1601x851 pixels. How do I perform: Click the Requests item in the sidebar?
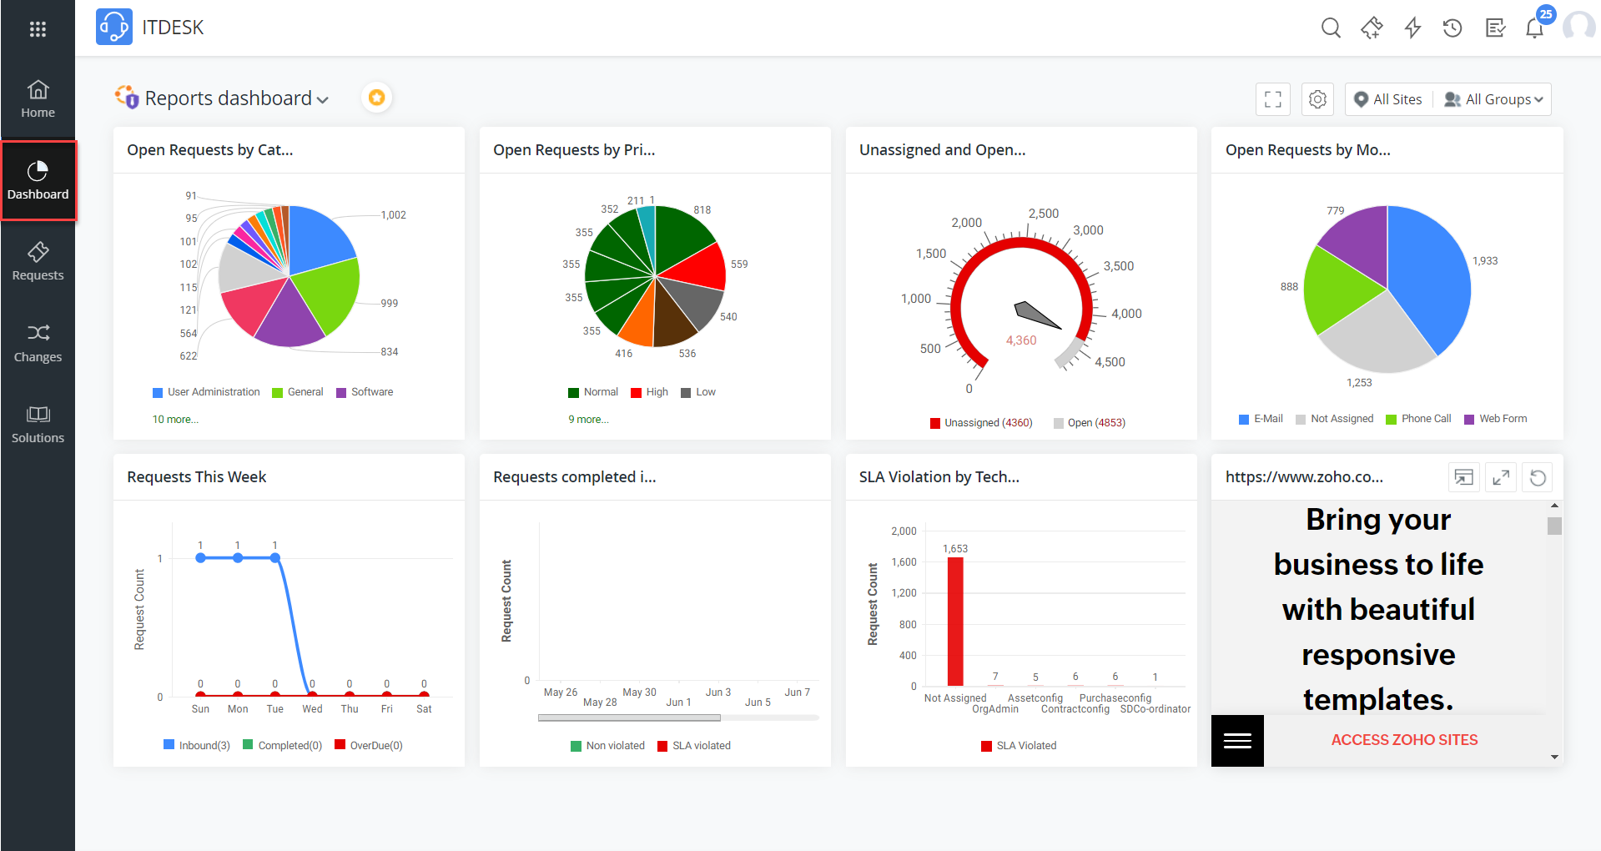[38, 261]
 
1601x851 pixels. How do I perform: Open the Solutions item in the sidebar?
[38, 424]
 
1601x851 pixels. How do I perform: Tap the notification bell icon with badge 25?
[1534, 28]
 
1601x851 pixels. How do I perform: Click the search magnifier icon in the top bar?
[1331, 28]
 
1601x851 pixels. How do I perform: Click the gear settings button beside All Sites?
[1317, 99]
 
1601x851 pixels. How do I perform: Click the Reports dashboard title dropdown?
[236, 98]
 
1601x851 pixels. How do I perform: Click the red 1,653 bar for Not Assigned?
[955, 621]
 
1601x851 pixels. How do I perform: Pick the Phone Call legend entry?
[1425, 419]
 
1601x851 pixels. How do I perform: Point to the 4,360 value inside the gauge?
[1020, 340]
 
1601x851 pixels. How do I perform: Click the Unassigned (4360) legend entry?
[987, 423]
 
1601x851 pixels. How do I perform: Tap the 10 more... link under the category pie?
[175, 420]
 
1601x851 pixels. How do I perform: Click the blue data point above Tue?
[274, 557]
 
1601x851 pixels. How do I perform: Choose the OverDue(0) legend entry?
[375, 745]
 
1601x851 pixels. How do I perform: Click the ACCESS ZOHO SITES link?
[1404, 740]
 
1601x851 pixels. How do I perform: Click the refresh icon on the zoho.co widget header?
[1538, 478]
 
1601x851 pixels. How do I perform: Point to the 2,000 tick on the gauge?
[966, 223]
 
